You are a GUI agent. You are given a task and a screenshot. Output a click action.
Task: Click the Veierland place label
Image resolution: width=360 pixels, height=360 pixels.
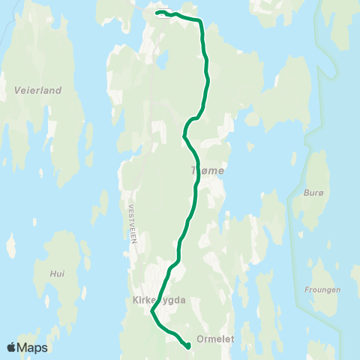coord(37,90)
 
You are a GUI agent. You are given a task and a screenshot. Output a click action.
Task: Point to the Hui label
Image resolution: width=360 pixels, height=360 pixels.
coord(57,274)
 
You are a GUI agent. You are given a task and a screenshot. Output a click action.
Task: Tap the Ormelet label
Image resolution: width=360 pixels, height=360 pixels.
coord(215,339)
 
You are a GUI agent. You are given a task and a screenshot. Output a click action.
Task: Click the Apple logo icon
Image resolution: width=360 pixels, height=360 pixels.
coord(12,347)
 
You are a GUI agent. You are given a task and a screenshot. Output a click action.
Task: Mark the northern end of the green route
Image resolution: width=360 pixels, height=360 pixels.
coord(156,12)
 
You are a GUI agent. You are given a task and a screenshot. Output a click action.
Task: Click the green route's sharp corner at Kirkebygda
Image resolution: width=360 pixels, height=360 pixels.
coord(152,312)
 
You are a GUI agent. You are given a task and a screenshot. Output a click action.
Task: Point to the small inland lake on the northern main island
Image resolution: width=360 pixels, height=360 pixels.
coord(160,58)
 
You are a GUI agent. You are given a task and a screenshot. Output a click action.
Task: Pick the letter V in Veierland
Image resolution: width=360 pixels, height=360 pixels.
coord(17,90)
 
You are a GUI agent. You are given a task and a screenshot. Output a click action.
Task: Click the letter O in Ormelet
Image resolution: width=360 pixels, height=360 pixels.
coord(199,339)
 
